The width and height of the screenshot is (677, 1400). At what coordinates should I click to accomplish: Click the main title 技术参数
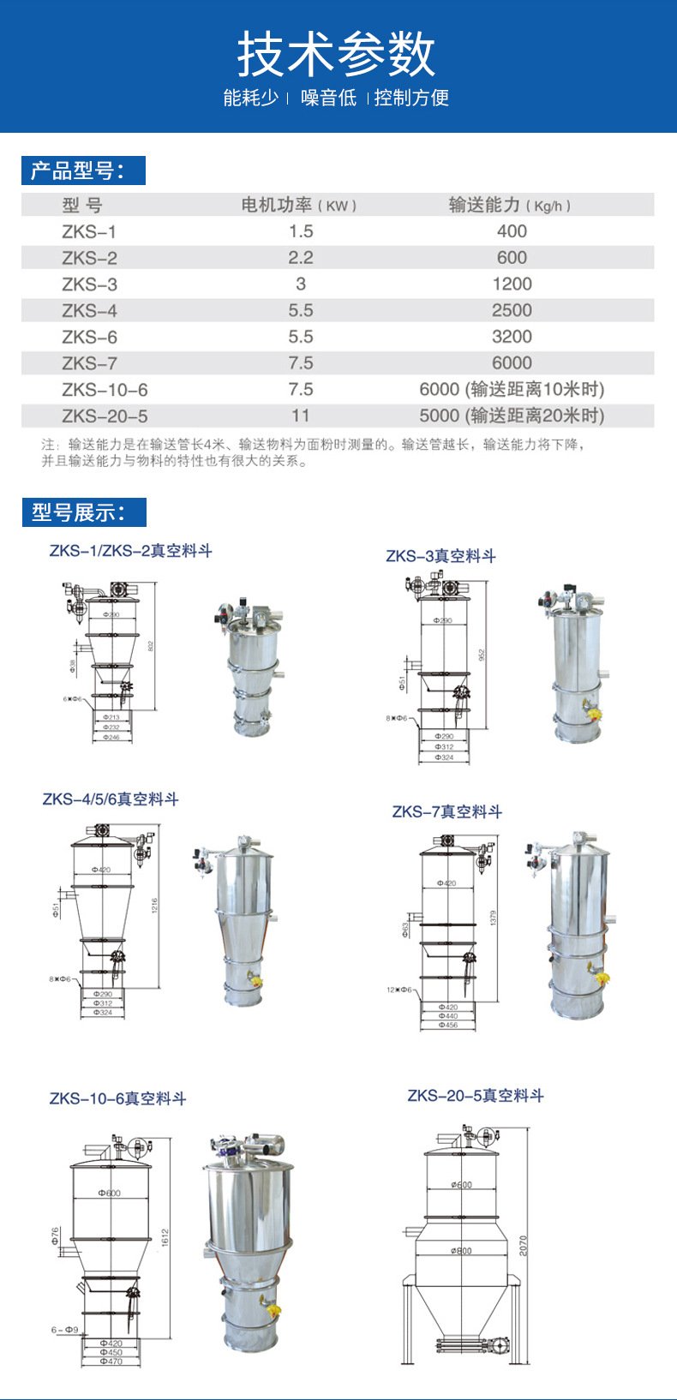pyautogui.click(x=337, y=54)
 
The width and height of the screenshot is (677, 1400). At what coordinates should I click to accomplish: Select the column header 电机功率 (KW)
pyautogui.click(x=298, y=206)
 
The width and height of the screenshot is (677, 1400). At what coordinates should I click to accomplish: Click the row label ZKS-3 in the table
pyautogui.click(x=89, y=284)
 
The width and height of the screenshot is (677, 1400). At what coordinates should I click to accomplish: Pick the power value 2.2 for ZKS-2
pyautogui.click(x=301, y=258)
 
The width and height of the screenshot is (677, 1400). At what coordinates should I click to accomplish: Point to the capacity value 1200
pyautogui.click(x=512, y=284)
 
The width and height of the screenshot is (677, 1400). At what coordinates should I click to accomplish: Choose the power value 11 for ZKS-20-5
pyautogui.click(x=301, y=416)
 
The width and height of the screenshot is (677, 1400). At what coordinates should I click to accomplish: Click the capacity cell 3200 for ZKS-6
pyautogui.click(x=512, y=337)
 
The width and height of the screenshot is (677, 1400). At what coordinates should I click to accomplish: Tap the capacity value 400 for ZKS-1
pyautogui.click(x=512, y=231)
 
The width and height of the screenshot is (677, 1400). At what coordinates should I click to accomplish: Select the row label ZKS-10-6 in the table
pyautogui.click(x=105, y=390)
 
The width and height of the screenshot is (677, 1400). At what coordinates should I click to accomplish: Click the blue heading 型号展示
pyautogui.click(x=83, y=512)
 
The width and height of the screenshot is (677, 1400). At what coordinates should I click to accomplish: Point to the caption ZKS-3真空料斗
pyautogui.click(x=440, y=556)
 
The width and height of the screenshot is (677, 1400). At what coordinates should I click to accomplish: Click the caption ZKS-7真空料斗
pyautogui.click(x=446, y=811)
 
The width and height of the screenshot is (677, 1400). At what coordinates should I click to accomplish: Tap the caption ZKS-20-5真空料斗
pyautogui.click(x=475, y=1095)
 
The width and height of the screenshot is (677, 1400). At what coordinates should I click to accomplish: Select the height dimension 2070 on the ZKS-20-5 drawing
pyautogui.click(x=524, y=1246)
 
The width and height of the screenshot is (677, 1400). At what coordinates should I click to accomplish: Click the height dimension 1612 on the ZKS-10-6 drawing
pyautogui.click(x=165, y=1237)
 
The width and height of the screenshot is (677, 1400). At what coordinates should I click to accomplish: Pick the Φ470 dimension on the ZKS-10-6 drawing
pyautogui.click(x=111, y=1361)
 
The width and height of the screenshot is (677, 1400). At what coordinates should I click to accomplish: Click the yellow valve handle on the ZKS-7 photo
pyautogui.click(x=602, y=977)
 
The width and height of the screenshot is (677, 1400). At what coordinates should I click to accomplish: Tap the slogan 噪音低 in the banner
pyautogui.click(x=328, y=98)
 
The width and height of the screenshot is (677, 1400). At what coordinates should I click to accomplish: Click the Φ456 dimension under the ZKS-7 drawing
pyautogui.click(x=447, y=1025)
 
